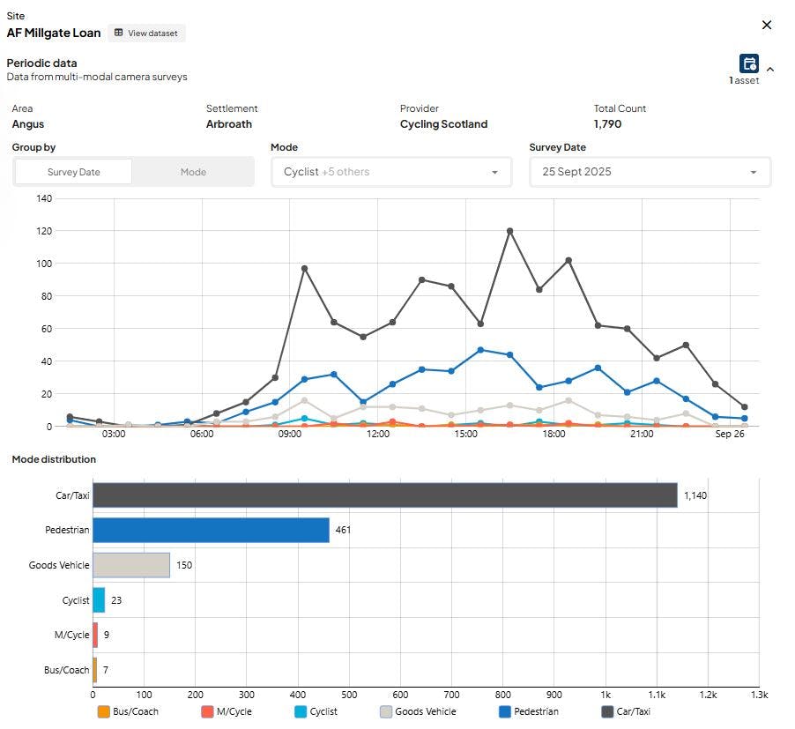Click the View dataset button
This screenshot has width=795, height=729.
point(146,33)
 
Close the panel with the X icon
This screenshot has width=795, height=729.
point(767,25)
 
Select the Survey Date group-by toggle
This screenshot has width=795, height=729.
point(73,172)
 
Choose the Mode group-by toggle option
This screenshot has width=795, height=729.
point(193,172)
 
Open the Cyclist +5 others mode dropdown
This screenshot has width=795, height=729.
point(391,172)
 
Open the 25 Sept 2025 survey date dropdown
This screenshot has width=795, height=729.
point(650,172)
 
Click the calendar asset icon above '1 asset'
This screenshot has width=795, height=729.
point(749,63)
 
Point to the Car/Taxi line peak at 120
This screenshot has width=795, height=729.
point(510,231)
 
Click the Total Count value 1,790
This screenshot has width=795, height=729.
point(607,124)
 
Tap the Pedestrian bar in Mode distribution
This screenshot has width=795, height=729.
point(211,531)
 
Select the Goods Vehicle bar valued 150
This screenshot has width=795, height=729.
point(131,565)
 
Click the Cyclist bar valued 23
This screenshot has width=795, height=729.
point(99,600)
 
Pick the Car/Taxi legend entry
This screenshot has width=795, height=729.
point(626,711)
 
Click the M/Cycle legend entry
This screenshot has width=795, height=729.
point(227,711)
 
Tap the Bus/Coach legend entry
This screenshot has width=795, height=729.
point(129,711)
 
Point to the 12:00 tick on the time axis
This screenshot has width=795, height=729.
point(378,434)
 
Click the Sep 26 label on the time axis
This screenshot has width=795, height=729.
point(730,434)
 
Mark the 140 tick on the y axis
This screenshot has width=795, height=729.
point(44,198)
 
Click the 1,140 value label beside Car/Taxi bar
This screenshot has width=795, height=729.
point(695,495)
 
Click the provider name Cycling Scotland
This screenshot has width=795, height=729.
point(443,124)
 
